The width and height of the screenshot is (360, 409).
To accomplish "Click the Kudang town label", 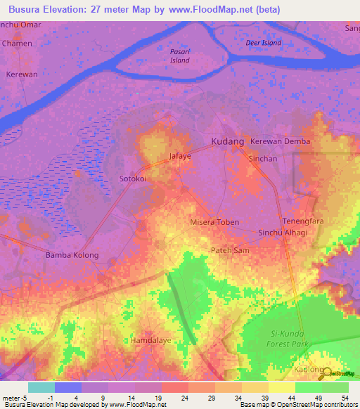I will click(228, 141).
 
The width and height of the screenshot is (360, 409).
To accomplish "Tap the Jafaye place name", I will click(180, 156).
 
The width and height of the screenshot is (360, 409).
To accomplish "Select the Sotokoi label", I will click(132, 178).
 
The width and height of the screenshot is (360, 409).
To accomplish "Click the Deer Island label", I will click(264, 43).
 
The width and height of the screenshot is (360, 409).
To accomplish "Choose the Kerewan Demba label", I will click(281, 141).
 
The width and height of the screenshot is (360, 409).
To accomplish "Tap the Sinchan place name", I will click(263, 159).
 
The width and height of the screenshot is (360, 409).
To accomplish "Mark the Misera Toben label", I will click(215, 222).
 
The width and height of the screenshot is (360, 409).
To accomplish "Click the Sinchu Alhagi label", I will click(283, 233).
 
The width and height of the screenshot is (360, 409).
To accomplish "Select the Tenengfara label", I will click(302, 221).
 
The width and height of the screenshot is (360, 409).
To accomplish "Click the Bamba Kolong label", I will click(72, 254).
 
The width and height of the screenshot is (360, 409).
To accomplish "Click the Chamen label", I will click(18, 43).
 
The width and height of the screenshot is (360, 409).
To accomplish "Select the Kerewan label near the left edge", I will click(20, 74).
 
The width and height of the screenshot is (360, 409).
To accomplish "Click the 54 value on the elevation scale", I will click(345, 398).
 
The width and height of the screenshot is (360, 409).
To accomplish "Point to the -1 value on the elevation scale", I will click(61, 398).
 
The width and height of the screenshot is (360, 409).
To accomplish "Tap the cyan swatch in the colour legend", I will click(41, 387).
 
